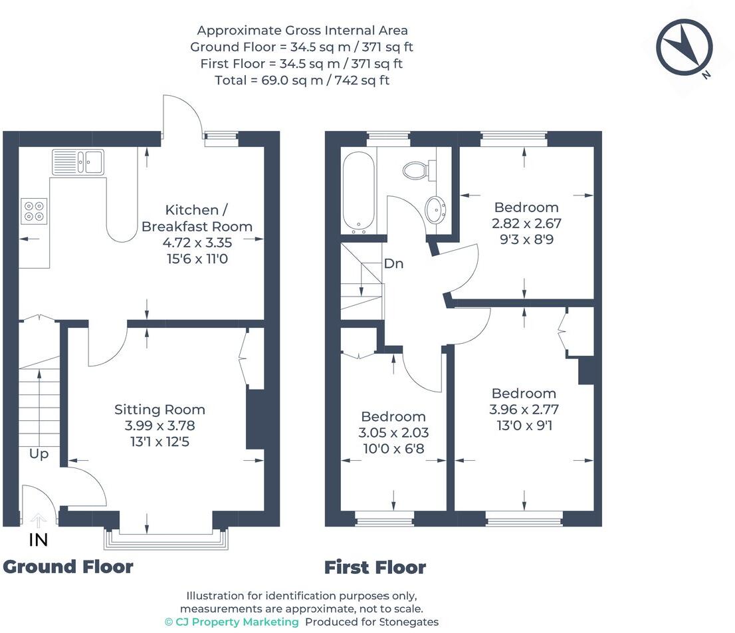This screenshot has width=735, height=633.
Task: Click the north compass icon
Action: pyautogui.click(x=684, y=47)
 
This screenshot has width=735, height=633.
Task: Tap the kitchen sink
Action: pyautogui.click(x=78, y=162)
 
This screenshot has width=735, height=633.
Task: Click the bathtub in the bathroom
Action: pyautogui.click(x=358, y=192)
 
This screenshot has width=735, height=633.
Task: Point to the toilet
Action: pyautogui.click(x=417, y=170)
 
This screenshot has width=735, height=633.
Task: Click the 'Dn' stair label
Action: pyautogui.click(x=393, y=263)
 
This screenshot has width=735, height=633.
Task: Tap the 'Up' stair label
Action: pyautogui.click(x=39, y=454)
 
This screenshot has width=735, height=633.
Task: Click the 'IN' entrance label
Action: pyautogui.click(x=39, y=540)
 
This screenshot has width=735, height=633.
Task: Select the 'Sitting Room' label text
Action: pyautogui.click(x=159, y=410)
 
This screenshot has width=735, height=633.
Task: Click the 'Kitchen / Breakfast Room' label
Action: pyautogui.click(x=197, y=218)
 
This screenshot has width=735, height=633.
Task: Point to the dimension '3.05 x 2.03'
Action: pyautogui.click(x=393, y=432)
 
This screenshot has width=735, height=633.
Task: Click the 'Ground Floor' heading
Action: pyautogui.click(x=68, y=567)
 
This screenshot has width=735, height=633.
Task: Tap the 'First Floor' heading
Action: pyautogui.click(x=375, y=567)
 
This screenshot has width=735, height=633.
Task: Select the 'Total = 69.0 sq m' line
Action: pyautogui.click(x=302, y=80)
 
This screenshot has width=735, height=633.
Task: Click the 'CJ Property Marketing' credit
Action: pyautogui.click(x=232, y=622)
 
